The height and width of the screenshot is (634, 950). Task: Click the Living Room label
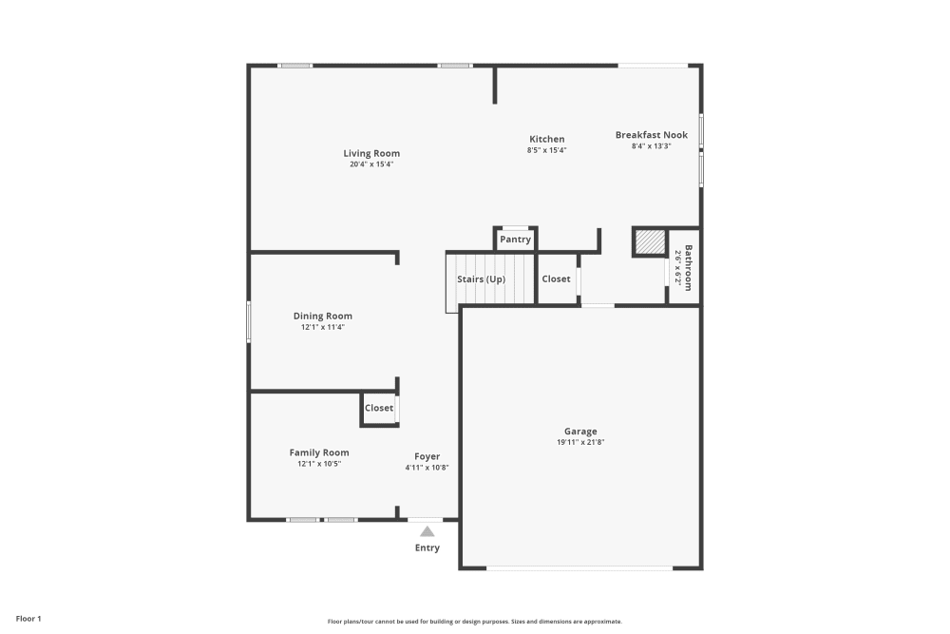pos(371,153)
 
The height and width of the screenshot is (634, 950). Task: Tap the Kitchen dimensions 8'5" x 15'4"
pos(546,150)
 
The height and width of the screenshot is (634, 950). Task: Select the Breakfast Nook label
pos(651,135)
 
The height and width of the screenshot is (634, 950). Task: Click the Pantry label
pos(515,240)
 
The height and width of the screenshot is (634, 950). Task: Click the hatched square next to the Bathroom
pos(649,242)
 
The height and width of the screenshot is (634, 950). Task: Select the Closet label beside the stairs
pos(556,279)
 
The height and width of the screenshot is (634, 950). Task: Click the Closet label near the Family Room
pos(379,408)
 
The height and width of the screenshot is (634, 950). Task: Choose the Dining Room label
pos(322,316)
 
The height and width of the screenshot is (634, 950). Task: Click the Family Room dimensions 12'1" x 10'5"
pos(318,464)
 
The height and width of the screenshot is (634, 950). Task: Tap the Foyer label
pos(427,456)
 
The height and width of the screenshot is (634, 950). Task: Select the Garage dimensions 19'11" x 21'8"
pos(579,442)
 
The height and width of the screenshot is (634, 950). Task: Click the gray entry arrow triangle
pos(427,532)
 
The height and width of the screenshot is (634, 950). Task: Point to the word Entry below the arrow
pos(427,548)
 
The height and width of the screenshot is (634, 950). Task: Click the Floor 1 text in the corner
pos(28,619)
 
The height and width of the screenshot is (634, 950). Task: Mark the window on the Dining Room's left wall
pos(249,321)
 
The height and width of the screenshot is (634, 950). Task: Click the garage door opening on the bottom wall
pos(579,568)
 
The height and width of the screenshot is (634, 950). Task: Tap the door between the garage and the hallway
pos(598,305)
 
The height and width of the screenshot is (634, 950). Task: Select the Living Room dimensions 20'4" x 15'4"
pos(371,164)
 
